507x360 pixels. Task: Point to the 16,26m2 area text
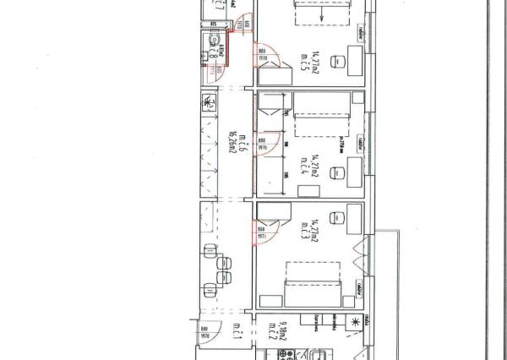230,145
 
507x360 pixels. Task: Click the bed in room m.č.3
313,281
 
